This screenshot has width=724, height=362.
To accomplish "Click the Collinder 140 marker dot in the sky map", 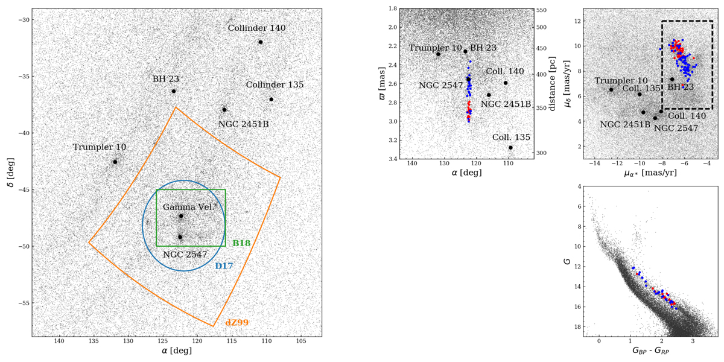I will pyautogui.click(x=261, y=42).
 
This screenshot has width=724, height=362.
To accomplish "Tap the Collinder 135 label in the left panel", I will pyautogui.click(x=275, y=84).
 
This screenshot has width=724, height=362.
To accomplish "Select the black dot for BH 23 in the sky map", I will pyautogui.click(x=174, y=91).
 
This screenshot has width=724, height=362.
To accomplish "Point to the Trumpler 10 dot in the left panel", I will pyautogui.click(x=115, y=162).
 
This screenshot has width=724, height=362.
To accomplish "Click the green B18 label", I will pyautogui.click(x=241, y=243).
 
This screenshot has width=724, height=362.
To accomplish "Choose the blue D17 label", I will pyautogui.click(x=224, y=265).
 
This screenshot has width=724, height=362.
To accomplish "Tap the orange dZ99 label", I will pyautogui.click(x=237, y=323).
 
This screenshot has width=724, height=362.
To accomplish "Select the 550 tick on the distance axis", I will pyautogui.click(x=541, y=11).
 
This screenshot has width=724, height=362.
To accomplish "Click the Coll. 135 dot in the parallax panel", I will pyautogui.click(x=510, y=147).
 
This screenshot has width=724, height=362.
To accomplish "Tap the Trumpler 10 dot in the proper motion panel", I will pyautogui.click(x=611, y=89).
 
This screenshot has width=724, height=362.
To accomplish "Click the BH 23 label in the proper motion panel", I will pyautogui.click(x=680, y=87).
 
